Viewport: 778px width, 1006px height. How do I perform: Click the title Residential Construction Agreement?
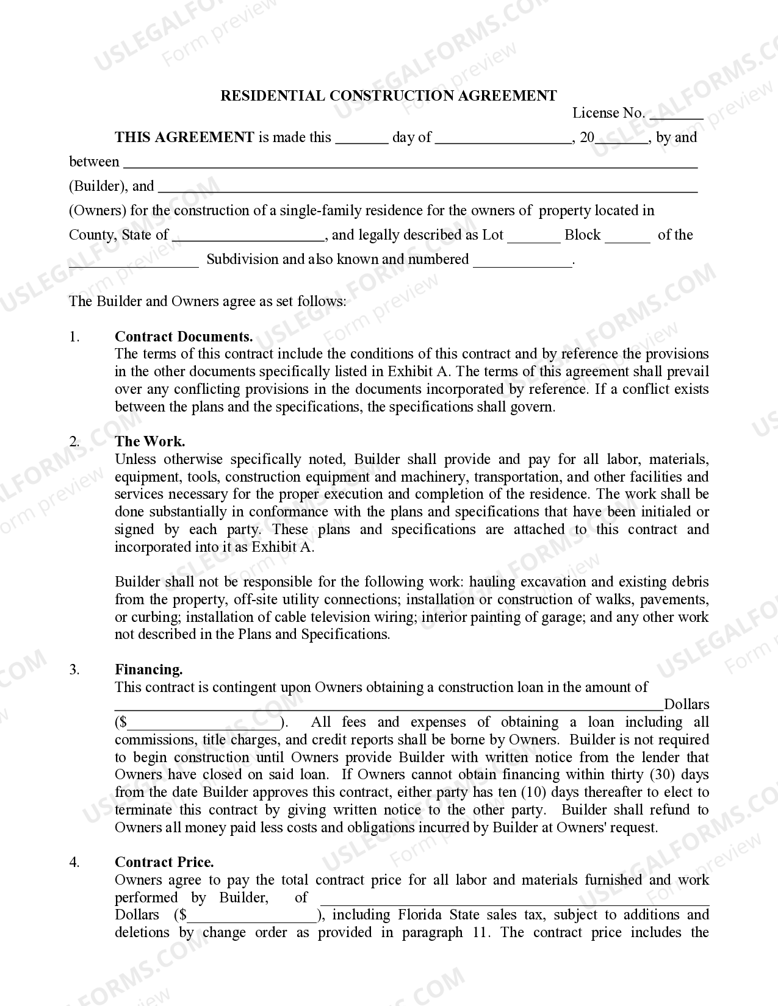click(388, 96)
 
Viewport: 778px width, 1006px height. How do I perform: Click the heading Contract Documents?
click(184, 337)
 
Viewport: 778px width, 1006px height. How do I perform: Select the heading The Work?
click(150, 441)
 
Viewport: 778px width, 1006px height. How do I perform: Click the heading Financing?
click(149, 669)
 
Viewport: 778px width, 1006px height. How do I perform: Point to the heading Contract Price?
click(164, 862)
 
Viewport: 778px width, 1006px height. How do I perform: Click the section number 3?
click(74, 669)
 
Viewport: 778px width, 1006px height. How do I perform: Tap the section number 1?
click(74, 337)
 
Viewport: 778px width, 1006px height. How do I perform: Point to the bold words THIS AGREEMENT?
click(184, 137)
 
